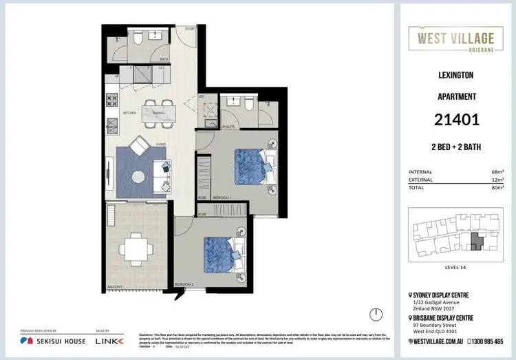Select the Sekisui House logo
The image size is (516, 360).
52,341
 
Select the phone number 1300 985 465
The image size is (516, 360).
486,341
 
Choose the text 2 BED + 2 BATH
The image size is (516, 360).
456,147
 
